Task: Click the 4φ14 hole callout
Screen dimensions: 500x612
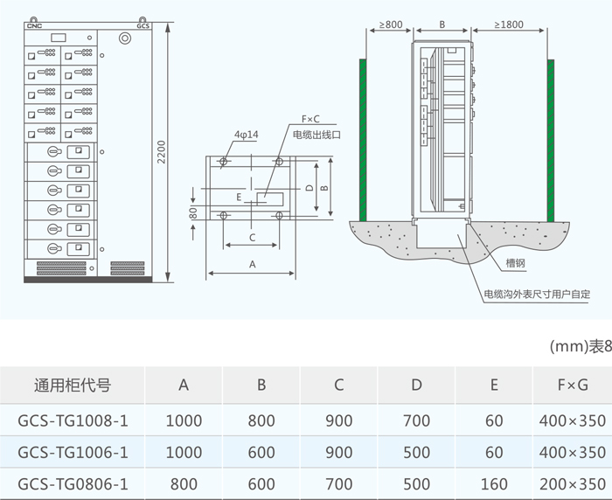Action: coord(246,135)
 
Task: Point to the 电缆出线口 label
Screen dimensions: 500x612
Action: coord(316,135)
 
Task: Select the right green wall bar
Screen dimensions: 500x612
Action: coord(552,140)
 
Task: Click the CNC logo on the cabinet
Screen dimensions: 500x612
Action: coord(35,25)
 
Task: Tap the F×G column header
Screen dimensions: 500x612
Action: coord(572,385)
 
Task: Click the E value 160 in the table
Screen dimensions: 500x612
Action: coord(495,483)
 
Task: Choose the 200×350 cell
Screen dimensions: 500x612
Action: coord(572,483)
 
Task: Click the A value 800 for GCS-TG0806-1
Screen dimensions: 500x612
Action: coord(184,483)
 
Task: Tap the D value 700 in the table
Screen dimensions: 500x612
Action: coord(417,420)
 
